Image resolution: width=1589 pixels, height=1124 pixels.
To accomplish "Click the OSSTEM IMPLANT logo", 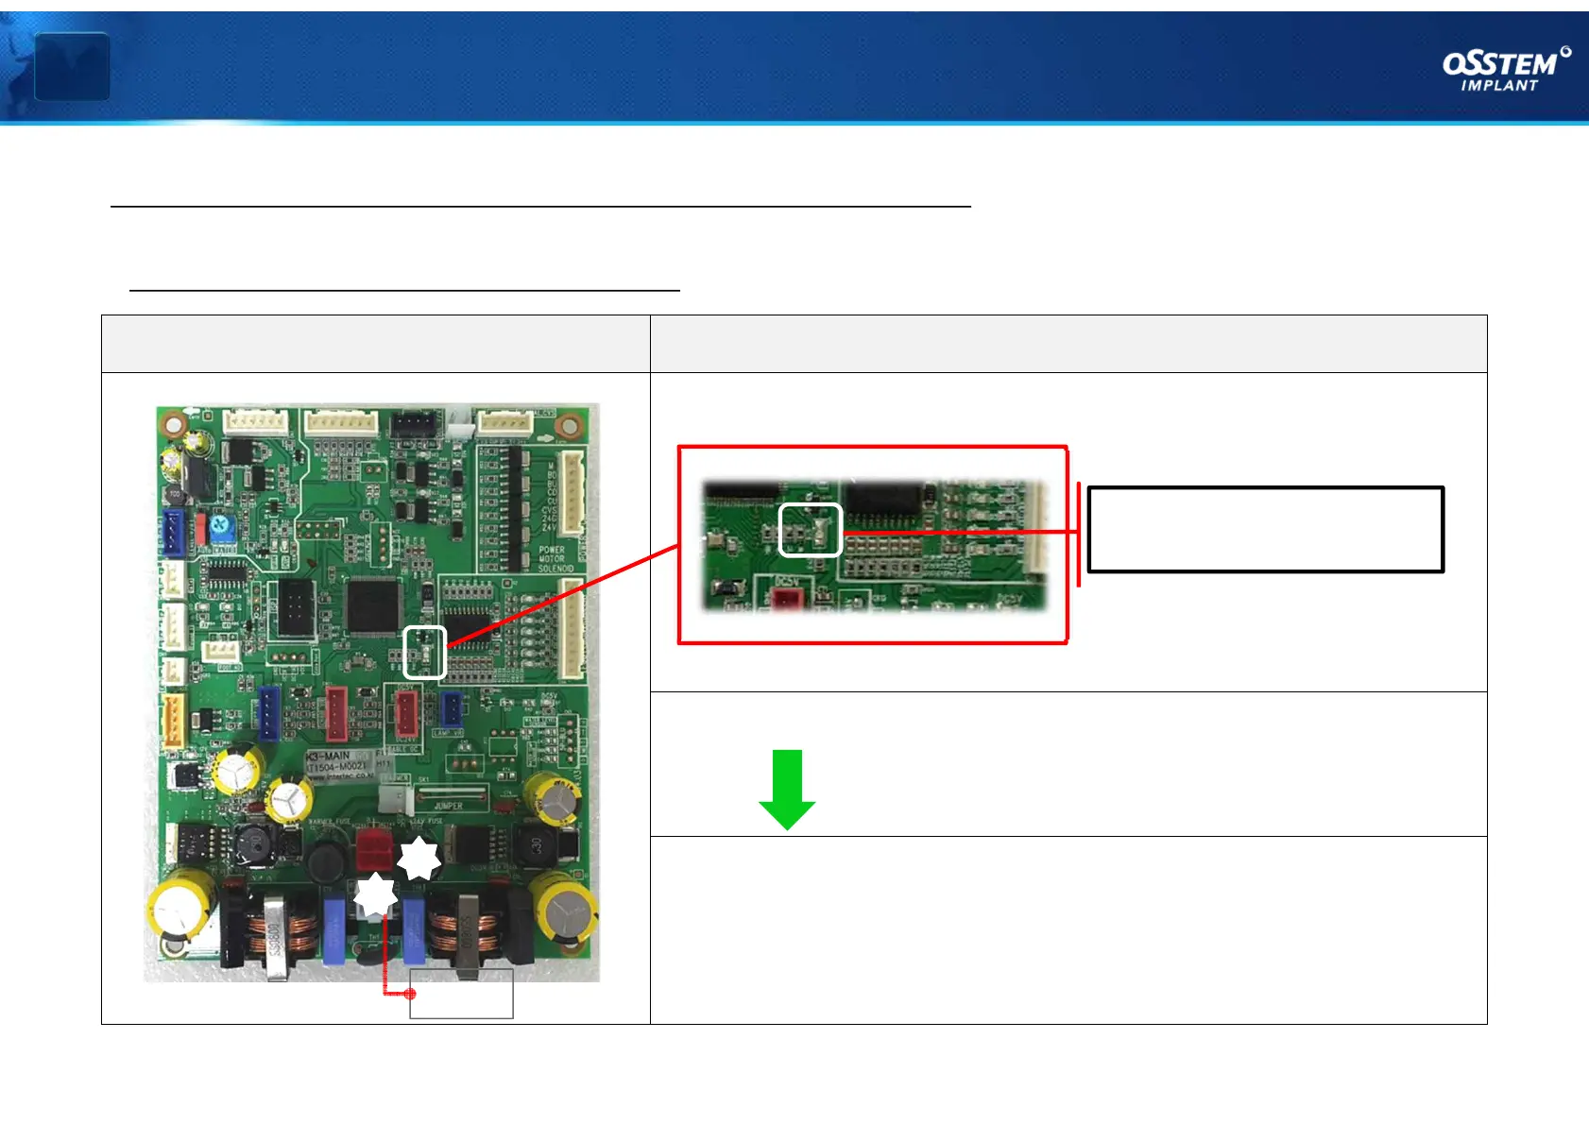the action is pyautogui.click(x=1506, y=69).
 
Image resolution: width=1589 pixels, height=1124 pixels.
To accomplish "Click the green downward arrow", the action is pyautogui.click(x=787, y=789).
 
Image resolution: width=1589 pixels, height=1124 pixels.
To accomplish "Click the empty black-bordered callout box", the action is pyautogui.click(x=1265, y=529).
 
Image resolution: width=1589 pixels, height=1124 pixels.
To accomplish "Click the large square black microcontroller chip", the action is pyautogui.click(x=373, y=605).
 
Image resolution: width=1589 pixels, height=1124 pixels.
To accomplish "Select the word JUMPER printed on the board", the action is pyautogui.click(x=448, y=806).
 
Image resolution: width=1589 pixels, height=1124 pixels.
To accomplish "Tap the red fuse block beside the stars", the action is pyautogui.click(x=374, y=850).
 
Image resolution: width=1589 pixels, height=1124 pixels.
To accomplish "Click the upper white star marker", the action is pyautogui.click(x=419, y=859).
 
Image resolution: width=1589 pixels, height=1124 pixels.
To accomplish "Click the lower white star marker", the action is pyautogui.click(x=376, y=894).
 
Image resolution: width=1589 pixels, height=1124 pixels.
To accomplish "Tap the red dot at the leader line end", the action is pyautogui.click(x=410, y=994).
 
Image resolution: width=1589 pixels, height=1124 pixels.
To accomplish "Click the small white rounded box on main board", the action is pyautogui.click(x=424, y=652).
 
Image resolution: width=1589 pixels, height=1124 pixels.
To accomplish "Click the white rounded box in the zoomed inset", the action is pyautogui.click(x=810, y=530).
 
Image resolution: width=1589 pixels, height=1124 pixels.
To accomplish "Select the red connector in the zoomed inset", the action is pyautogui.click(x=786, y=599).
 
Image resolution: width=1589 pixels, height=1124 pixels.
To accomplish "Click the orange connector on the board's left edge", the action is pyautogui.click(x=174, y=722).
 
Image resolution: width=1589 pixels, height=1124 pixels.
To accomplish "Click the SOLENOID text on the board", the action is pyautogui.click(x=555, y=569).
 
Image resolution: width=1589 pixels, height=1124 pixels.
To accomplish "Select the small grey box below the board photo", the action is pyautogui.click(x=461, y=994).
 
